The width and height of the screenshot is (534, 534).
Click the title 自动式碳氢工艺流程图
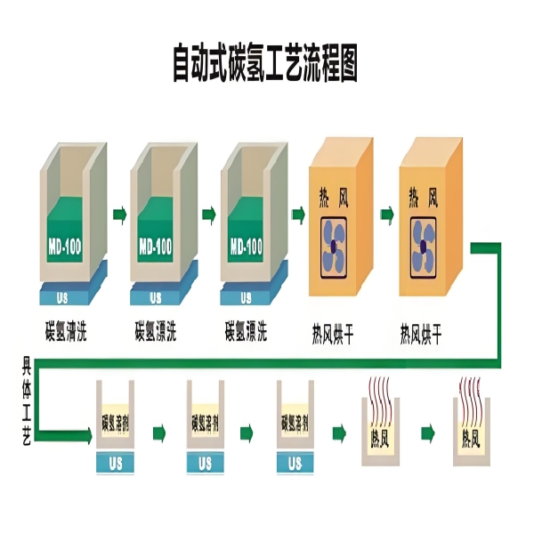pos(267,64)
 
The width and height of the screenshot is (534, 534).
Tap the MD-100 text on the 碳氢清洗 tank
pos(63,246)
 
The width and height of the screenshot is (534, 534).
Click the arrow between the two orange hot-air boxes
pos(386,214)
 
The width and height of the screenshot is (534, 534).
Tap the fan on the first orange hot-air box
pos(340,246)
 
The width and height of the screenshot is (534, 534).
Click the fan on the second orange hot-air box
pos(432,246)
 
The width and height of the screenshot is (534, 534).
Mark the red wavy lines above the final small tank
pos(474,392)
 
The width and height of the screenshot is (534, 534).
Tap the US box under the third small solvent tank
pos(295,463)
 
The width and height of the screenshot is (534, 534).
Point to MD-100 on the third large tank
pos(245,246)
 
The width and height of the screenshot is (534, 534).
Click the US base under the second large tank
pos(156,295)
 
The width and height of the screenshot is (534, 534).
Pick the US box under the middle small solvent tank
pos(205,463)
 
